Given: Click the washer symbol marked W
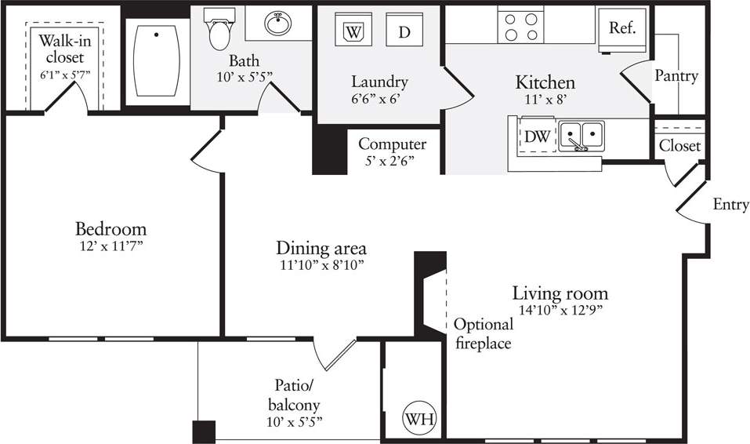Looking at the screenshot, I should [x=353, y=32].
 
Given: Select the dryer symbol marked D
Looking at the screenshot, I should [x=404, y=32].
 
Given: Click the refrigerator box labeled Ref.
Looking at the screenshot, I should [x=622, y=28].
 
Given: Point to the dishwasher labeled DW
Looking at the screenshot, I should [x=537, y=136].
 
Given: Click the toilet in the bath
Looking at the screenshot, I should [x=219, y=28].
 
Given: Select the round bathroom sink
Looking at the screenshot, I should [x=277, y=24].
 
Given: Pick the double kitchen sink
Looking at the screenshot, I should [x=582, y=136].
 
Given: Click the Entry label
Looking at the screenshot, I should [x=730, y=205].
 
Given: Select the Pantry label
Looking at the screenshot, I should [x=676, y=76].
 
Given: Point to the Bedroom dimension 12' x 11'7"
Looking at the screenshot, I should [x=111, y=246].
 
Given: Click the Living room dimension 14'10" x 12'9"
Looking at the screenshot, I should [x=560, y=309].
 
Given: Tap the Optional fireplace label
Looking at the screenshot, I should [x=483, y=333].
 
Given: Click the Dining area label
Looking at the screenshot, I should [x=321, y=249].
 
